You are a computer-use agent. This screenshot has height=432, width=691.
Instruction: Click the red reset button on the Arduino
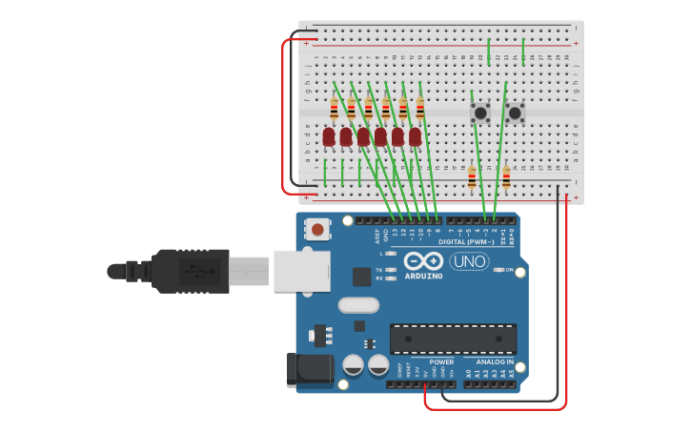[317, 229]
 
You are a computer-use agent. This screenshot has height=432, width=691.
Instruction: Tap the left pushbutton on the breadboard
[480, 113]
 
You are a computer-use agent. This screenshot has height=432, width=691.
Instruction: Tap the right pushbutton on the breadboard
[515, 113]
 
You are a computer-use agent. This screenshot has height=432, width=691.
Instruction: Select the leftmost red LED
[329, 137]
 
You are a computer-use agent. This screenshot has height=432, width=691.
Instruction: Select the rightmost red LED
[415, 137]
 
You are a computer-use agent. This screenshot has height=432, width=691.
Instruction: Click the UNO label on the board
[469, 261]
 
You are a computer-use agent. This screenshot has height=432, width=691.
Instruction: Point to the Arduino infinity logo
[423, 261]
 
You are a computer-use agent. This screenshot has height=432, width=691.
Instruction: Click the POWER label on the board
[441, 362]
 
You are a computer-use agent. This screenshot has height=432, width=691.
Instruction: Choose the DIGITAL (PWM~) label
[468, 241]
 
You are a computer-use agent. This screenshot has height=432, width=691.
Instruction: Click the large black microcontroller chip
[453, 339]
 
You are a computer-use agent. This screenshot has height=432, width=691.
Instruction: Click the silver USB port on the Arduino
[301, 271]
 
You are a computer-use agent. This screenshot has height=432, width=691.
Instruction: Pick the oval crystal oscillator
[358, 305]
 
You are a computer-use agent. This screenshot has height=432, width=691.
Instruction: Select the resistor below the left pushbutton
[472, 177]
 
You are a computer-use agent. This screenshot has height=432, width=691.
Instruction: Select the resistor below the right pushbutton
[506, 177]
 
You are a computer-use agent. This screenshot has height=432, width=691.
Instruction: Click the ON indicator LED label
[509, 270]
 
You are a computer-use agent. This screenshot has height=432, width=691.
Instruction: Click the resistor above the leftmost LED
[334, 109]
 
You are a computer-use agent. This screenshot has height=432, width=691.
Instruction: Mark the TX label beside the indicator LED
[379, 270]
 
